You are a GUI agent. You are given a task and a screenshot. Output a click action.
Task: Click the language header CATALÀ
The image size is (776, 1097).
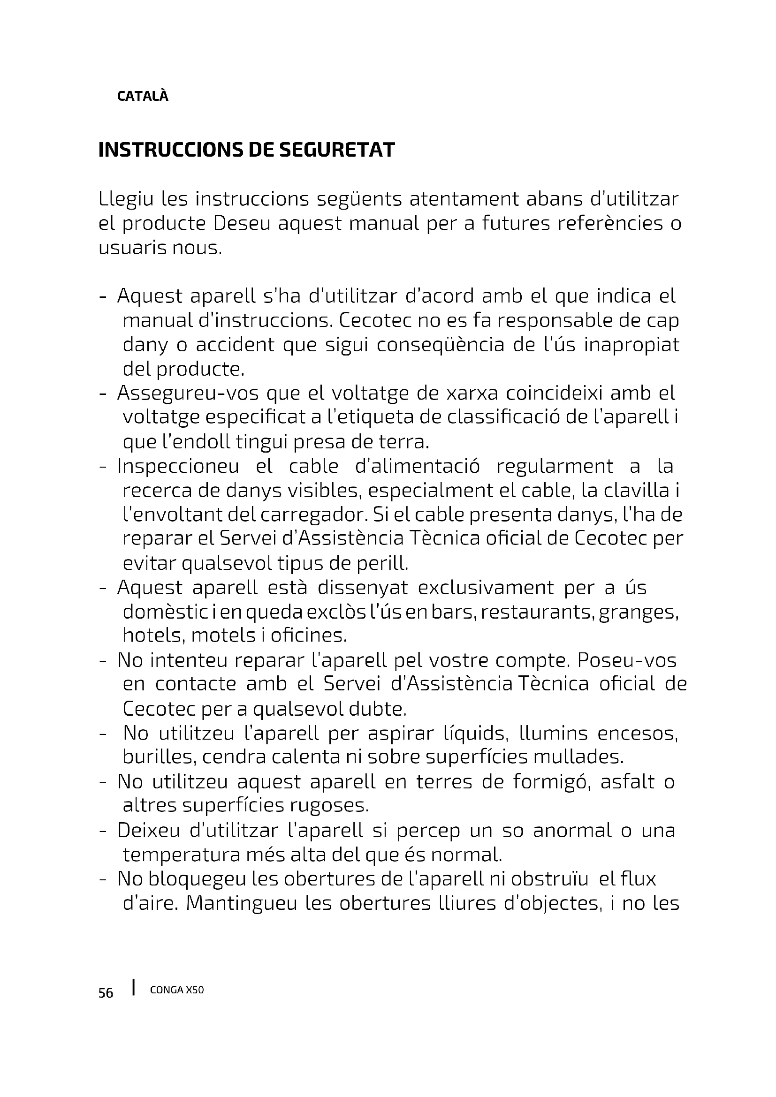[143, 97]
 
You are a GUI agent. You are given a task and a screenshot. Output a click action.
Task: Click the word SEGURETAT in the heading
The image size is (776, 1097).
[336, 150]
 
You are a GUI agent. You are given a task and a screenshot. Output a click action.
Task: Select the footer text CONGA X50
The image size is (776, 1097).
[177, 991]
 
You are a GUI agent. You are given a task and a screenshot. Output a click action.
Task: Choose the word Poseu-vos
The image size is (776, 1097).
[627, 661]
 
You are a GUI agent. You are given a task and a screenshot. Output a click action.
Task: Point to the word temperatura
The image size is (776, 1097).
[181, 855]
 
